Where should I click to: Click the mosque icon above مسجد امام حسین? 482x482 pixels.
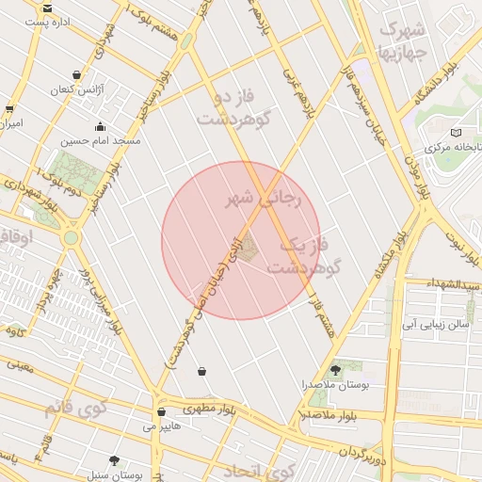(100, 127)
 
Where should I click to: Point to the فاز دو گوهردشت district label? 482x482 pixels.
(230, 109)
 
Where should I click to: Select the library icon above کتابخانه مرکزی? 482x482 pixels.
(457, 133)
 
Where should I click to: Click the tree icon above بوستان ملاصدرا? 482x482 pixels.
(336, 369)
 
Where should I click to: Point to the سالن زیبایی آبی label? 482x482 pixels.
(434, 325)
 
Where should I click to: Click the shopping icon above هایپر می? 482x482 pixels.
(161, 412)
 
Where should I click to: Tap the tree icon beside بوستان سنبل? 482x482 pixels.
(115, 460)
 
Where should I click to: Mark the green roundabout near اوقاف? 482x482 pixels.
(71, 238)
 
